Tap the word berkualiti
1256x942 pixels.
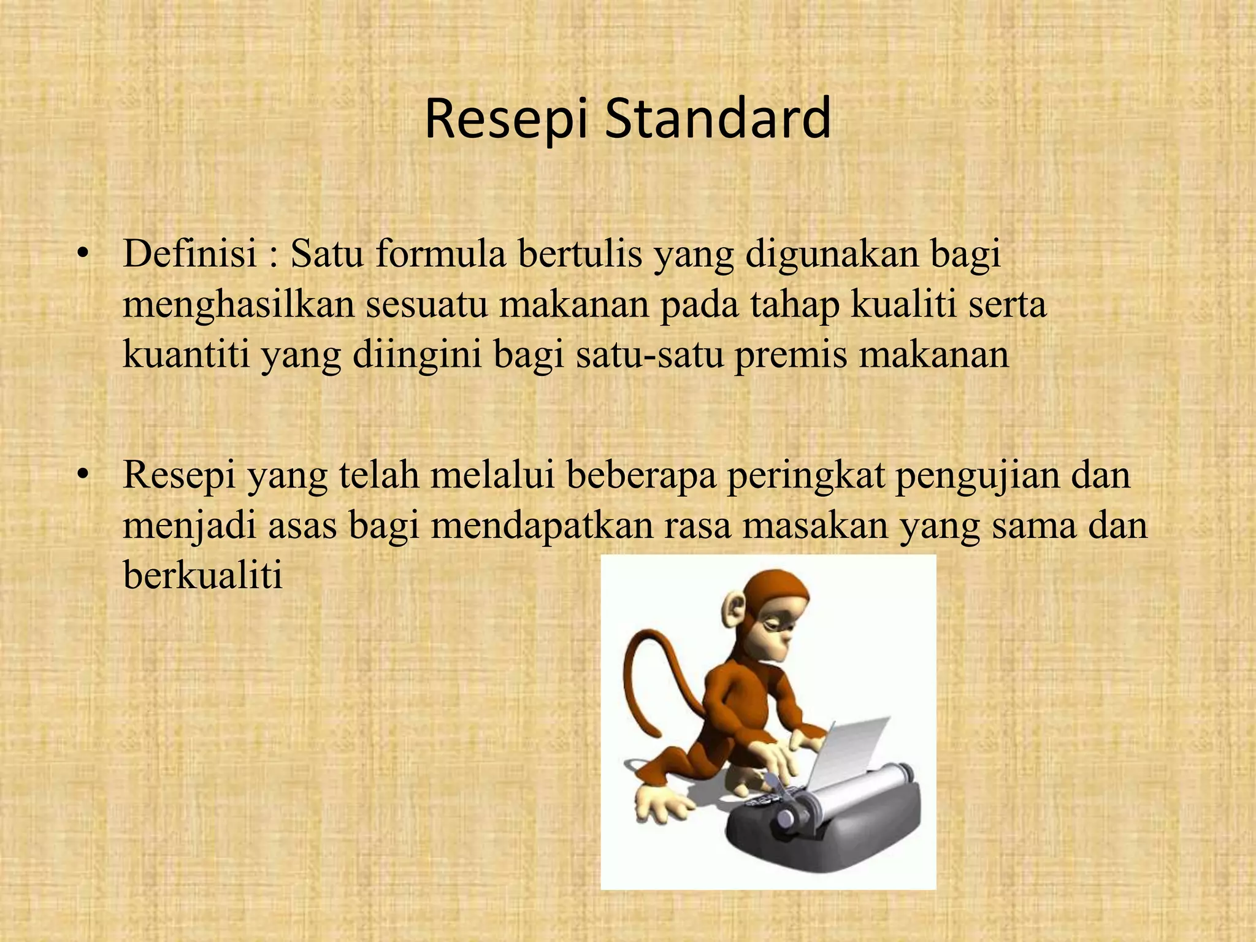point(202,575)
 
